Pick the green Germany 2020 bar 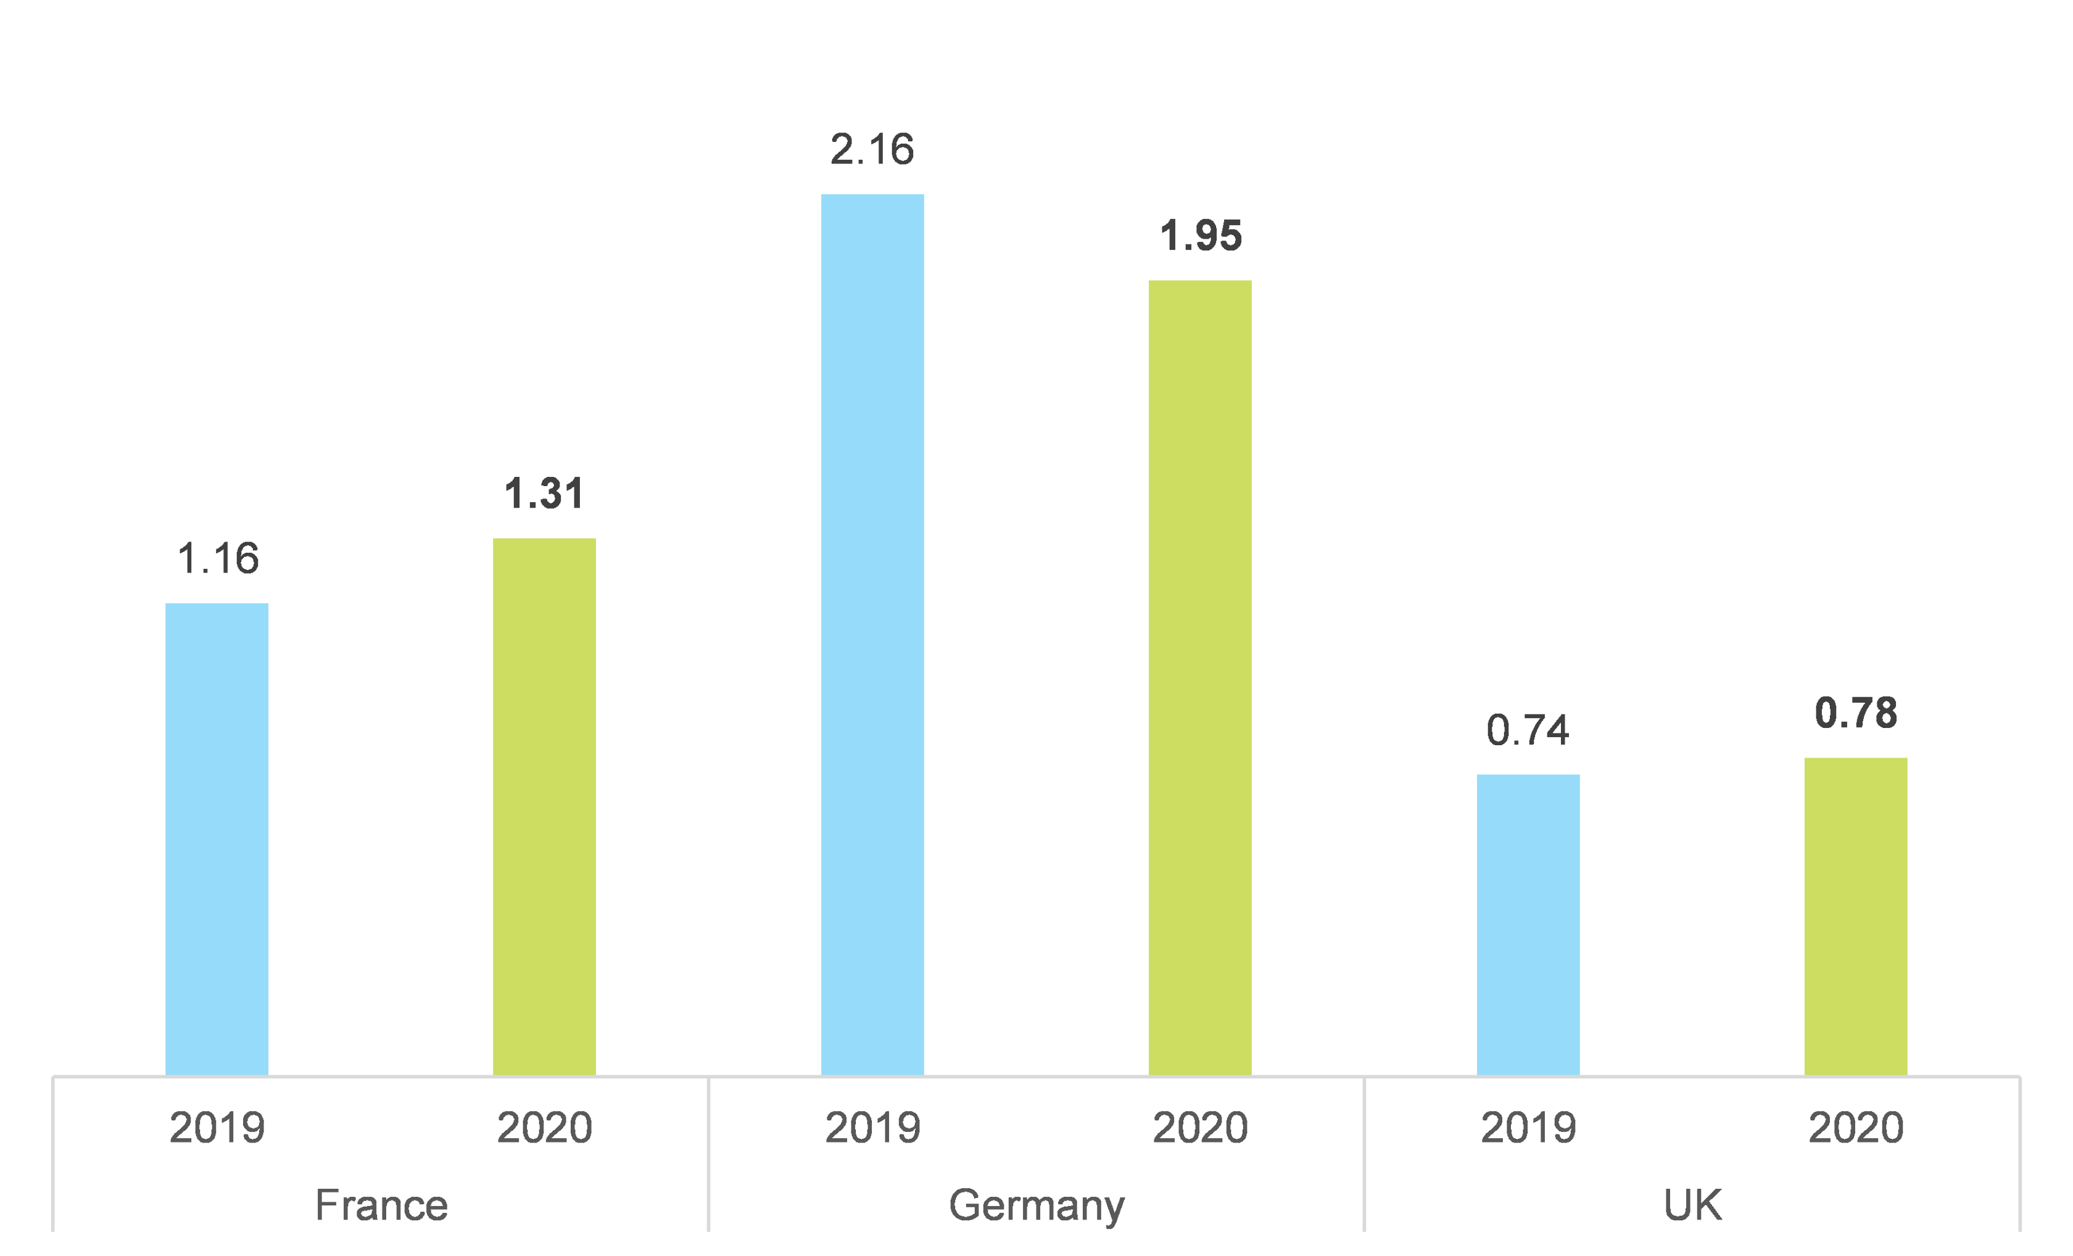point(1200,677)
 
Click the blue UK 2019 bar point(1528,925)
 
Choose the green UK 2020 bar point(1856,916)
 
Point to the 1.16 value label point(218,558)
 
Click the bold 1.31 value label point(544,494)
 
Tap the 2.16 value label point(872,150)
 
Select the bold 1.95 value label point(1201,236)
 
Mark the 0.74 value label point(1528,730)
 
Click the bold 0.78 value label point(1856,713)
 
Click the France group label point(381,1205)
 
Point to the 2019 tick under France point(217,1127)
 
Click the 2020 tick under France point(544,1127)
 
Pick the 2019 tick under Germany point(872,1127)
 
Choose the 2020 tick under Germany point(1200,1127)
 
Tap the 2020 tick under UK point(1856,1127)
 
